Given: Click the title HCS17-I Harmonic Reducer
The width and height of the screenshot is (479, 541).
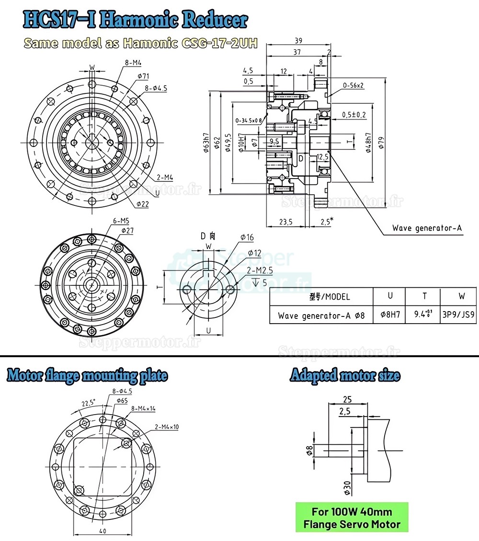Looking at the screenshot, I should click(x=135, y=20).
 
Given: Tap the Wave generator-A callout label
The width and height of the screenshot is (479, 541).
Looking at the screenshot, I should click(x=427, y=228).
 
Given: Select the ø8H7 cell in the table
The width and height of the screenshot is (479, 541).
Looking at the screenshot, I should click(x=389, y=316).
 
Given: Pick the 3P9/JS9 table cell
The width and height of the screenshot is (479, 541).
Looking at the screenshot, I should click(x=459, y=316).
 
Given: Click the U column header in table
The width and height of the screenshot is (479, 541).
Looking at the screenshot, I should click(x=389, y=296).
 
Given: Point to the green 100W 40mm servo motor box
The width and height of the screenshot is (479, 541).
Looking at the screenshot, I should click(x=352, y=518).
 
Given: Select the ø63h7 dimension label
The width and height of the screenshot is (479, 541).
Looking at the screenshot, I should click(x=205, y=142).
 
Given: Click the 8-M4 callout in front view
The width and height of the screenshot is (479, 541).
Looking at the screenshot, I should click(x=133, y=62).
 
